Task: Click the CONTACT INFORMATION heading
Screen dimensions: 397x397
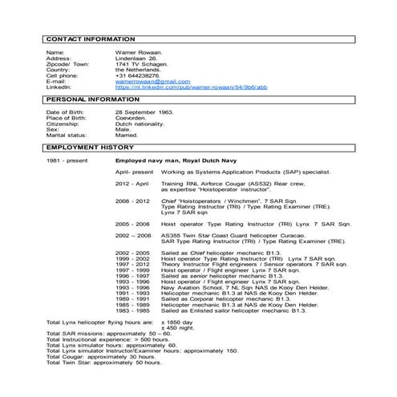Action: (x=90, y=38)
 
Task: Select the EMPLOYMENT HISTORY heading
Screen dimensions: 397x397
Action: (x=90, y=149)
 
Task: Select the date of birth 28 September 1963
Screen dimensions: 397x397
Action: (x=144, y=112)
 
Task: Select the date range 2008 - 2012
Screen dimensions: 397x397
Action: (x=132, y=200)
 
